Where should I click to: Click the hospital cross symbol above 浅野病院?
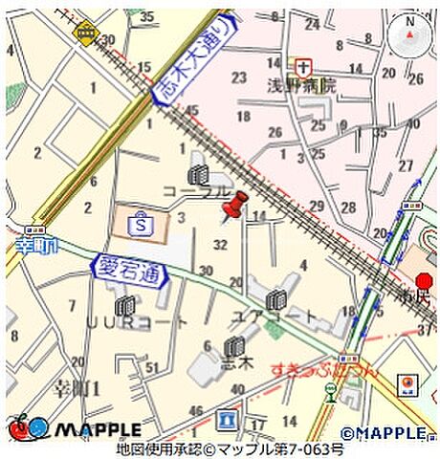303,66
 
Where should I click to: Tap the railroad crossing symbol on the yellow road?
86,34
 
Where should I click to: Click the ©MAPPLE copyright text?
387,433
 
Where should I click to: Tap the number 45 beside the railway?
191,110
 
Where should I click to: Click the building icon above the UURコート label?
124,306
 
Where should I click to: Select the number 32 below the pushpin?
221,245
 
